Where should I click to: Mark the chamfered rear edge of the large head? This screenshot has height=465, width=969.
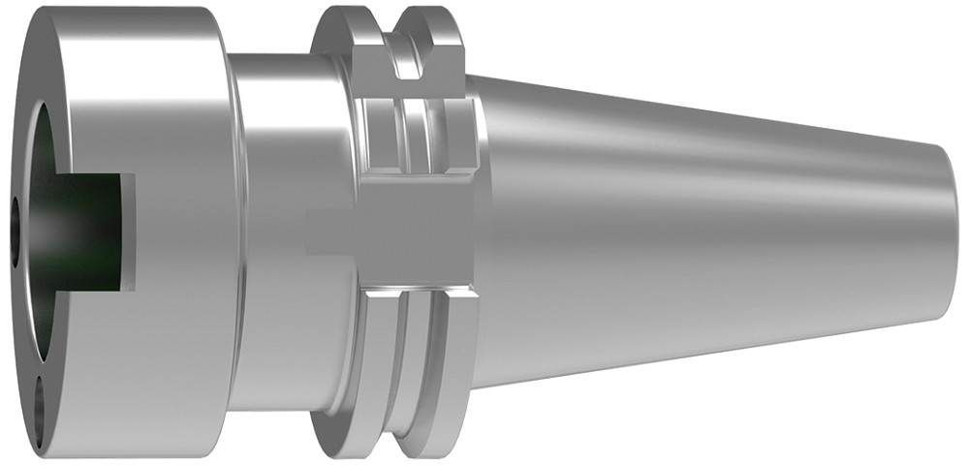click(225, 232)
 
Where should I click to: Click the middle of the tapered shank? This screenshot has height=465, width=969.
click(707, 232)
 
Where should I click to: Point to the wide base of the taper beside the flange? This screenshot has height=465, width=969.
click(504, 232)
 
